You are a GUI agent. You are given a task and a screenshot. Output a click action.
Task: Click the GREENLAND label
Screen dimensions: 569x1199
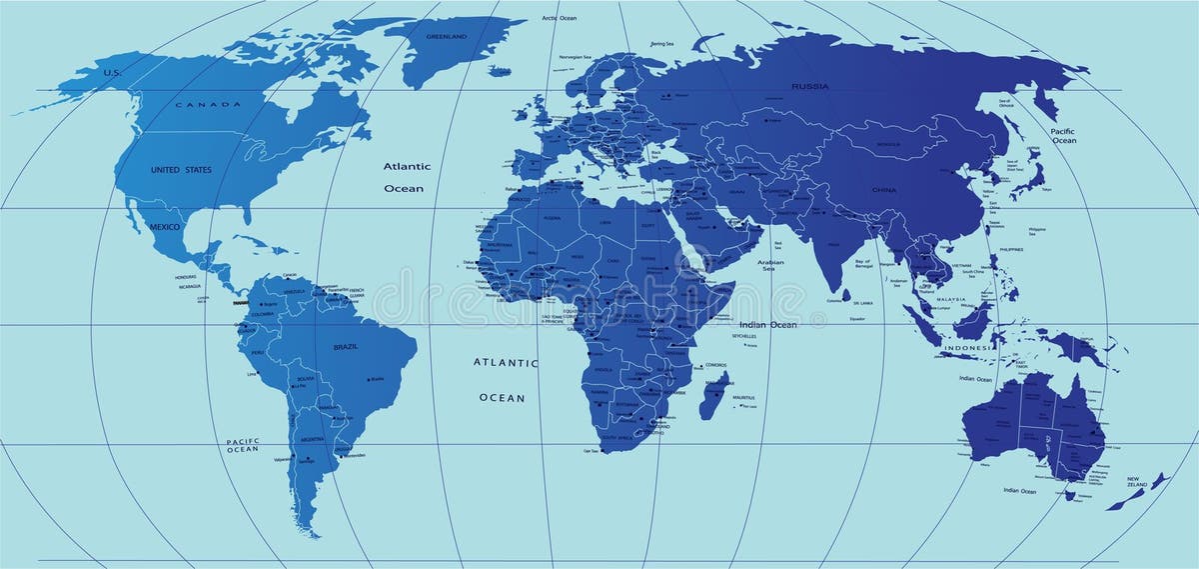(x=446, y=36)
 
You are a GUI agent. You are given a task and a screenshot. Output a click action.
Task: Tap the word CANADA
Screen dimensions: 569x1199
(x=209, y=104)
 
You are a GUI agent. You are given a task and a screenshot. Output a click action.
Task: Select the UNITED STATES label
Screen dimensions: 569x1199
(x=181, y=170)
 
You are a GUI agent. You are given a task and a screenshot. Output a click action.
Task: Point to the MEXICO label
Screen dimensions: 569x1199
(x=163, y=227)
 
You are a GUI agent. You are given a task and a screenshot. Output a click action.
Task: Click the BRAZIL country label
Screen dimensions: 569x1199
(x=345, y=346)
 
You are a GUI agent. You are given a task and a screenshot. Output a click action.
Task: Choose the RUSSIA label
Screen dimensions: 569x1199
(x=809, y=87)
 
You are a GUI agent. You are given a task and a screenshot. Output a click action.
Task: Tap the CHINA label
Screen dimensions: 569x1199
(x=884, y=189)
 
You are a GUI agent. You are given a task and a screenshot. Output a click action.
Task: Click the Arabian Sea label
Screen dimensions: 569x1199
(x=768, y=266)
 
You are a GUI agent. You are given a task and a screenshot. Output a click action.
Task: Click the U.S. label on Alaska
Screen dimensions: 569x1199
(x=113, y=72)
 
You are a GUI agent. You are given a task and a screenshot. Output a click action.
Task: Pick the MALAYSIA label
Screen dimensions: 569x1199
(x=949, y=299)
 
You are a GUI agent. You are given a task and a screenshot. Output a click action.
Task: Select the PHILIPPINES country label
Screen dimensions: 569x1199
(x=1010, y=249)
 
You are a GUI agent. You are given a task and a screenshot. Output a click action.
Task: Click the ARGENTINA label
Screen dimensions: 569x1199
(x=312, y=439)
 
